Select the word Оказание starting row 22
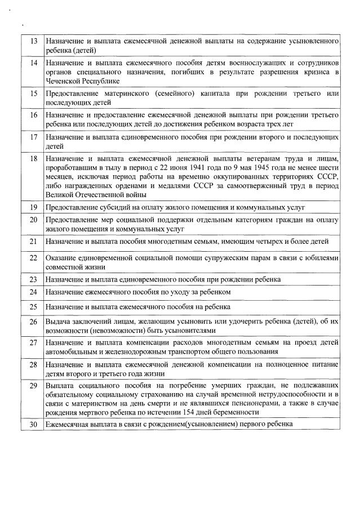pyautogui.click(x=61, y=257)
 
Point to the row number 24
pyautogui.click(x=33, y=292)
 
